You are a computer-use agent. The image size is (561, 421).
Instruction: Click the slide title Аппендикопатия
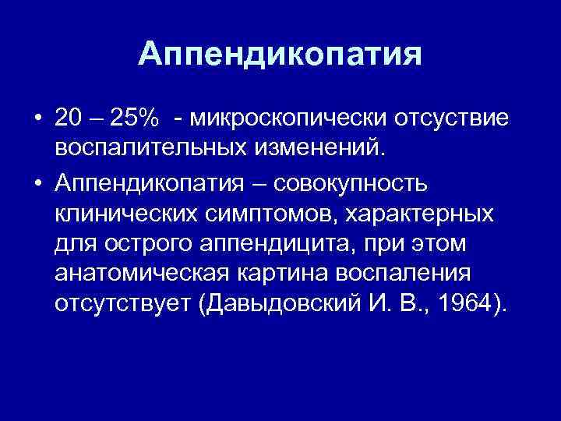(x=280, y=55)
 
